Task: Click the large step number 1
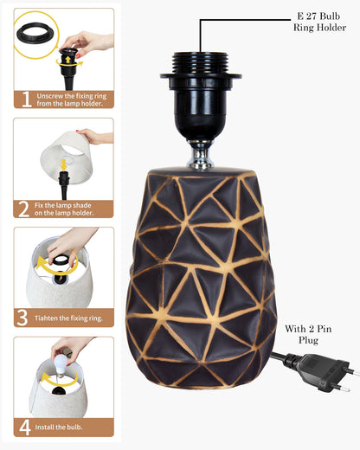(26, 100)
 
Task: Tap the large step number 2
(23, 209)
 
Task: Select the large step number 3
(22, 318)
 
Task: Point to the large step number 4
(25, 427)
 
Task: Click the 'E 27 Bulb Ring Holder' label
(319, 22)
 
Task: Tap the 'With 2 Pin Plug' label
(308, 334)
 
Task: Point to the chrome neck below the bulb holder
(200, 154)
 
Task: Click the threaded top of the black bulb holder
(201, 63)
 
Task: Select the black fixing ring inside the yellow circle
(35, 33)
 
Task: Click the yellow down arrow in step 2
(64, 165)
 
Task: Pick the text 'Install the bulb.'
(59, 427)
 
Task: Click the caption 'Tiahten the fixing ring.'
(68, 318)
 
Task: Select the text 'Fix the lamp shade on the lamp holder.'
(64, 209)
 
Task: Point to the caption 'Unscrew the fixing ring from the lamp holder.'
(72, 100)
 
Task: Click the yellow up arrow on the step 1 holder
(67, 60)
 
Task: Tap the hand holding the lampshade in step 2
(95, 137)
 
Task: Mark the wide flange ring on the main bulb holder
(201, 76)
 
